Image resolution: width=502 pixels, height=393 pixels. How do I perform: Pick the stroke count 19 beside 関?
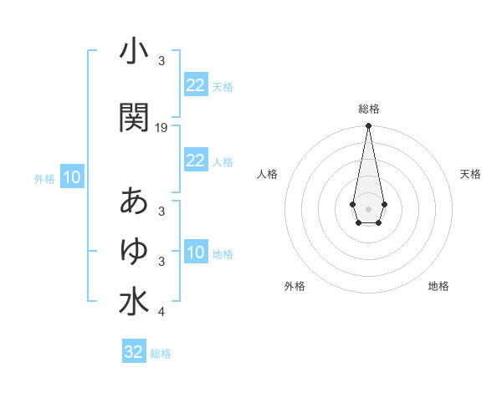161,128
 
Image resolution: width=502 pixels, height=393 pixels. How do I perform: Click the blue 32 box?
134,352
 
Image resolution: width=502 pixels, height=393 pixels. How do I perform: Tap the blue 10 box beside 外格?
72,177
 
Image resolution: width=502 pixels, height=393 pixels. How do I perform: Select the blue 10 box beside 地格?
195,253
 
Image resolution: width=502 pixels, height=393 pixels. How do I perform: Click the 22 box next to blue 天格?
195,85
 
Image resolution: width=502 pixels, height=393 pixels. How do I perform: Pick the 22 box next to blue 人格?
195,161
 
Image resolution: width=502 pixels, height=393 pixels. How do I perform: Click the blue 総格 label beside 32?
161,354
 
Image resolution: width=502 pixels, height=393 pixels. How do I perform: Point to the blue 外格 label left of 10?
44,178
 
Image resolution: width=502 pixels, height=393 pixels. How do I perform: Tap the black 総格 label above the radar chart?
368,109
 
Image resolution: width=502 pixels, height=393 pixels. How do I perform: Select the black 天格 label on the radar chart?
470,174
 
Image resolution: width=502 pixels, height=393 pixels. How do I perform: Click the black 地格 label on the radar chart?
438,287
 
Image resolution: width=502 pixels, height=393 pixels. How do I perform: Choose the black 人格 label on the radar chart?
267,174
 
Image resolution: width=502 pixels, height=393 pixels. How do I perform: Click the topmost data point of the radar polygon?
368,126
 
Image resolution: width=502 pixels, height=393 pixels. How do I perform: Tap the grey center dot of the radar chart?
368,207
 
